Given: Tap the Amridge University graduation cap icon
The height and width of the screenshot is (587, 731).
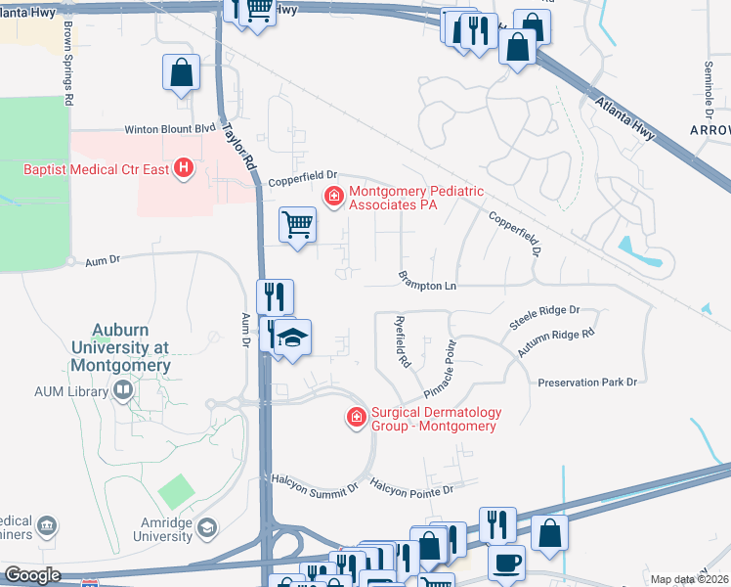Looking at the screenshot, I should click(206, 529).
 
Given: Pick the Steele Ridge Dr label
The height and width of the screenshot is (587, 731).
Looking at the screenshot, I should click(544, 316).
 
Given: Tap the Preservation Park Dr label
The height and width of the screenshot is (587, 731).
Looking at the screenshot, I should click(587, 382).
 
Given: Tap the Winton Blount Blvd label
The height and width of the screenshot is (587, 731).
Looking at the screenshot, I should click(169, 128).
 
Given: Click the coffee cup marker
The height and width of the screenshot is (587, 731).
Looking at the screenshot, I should click(506, 563).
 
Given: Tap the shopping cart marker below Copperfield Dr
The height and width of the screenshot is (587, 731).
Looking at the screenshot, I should click(298, 224).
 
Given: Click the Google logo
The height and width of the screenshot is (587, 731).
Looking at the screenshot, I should click(32, 575).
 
